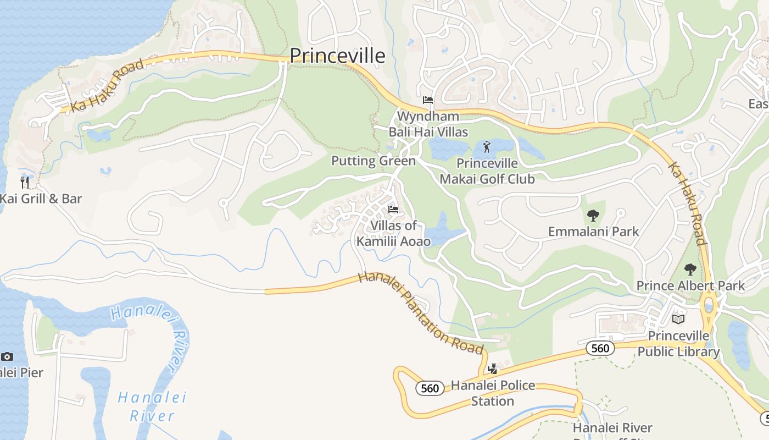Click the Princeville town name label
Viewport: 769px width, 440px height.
pyautogui.click(x=337, y=56)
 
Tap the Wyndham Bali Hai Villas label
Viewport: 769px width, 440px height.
pyautogui.click(x=428, y=124)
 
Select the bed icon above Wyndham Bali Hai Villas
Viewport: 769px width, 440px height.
pyautogui.click(x=428, y=100)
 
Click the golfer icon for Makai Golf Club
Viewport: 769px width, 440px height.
pyautogui.click(x=487, y=147)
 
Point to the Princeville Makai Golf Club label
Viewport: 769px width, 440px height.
pyautogui.click(x=487, y=170)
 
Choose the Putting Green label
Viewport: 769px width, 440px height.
pyautogui.click(x=374, y=161)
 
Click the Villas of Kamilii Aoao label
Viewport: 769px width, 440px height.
pyautogui.click(x=393, y=233)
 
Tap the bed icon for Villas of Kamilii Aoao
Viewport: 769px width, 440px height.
pyautogui.click(x=393, y=210)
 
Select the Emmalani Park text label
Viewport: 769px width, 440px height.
pyautogui.click(x=594, y=231)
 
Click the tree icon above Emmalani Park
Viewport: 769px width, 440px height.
pyautogui.click(x=593, y=215)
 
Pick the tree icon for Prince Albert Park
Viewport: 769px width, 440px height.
pyautogui.click(x=690, y=269)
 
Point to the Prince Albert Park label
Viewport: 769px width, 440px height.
pyautogui.click(x=690, y=285)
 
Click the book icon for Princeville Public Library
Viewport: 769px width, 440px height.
pyautogui.click(x=679, y=319)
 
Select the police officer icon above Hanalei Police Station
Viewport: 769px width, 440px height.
pyautogui.click(x=493, y=369)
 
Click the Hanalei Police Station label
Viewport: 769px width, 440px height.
pyautogui.click(x=493, y=393)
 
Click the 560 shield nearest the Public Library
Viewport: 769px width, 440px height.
pyautogui.click(x=600, y=348)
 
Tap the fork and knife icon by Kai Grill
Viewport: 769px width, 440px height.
pyautogui.click(x=25, y=182)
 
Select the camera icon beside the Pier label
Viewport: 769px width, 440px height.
pyautogui.click(x=7, y=356)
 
